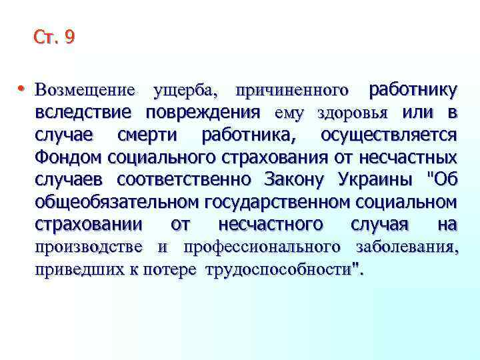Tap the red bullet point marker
[x=22, y=88]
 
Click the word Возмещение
[x=85, y=89]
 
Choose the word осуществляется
[x=389, y=135]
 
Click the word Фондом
[x=67, y=158]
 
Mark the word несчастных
[x=413, y=158]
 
